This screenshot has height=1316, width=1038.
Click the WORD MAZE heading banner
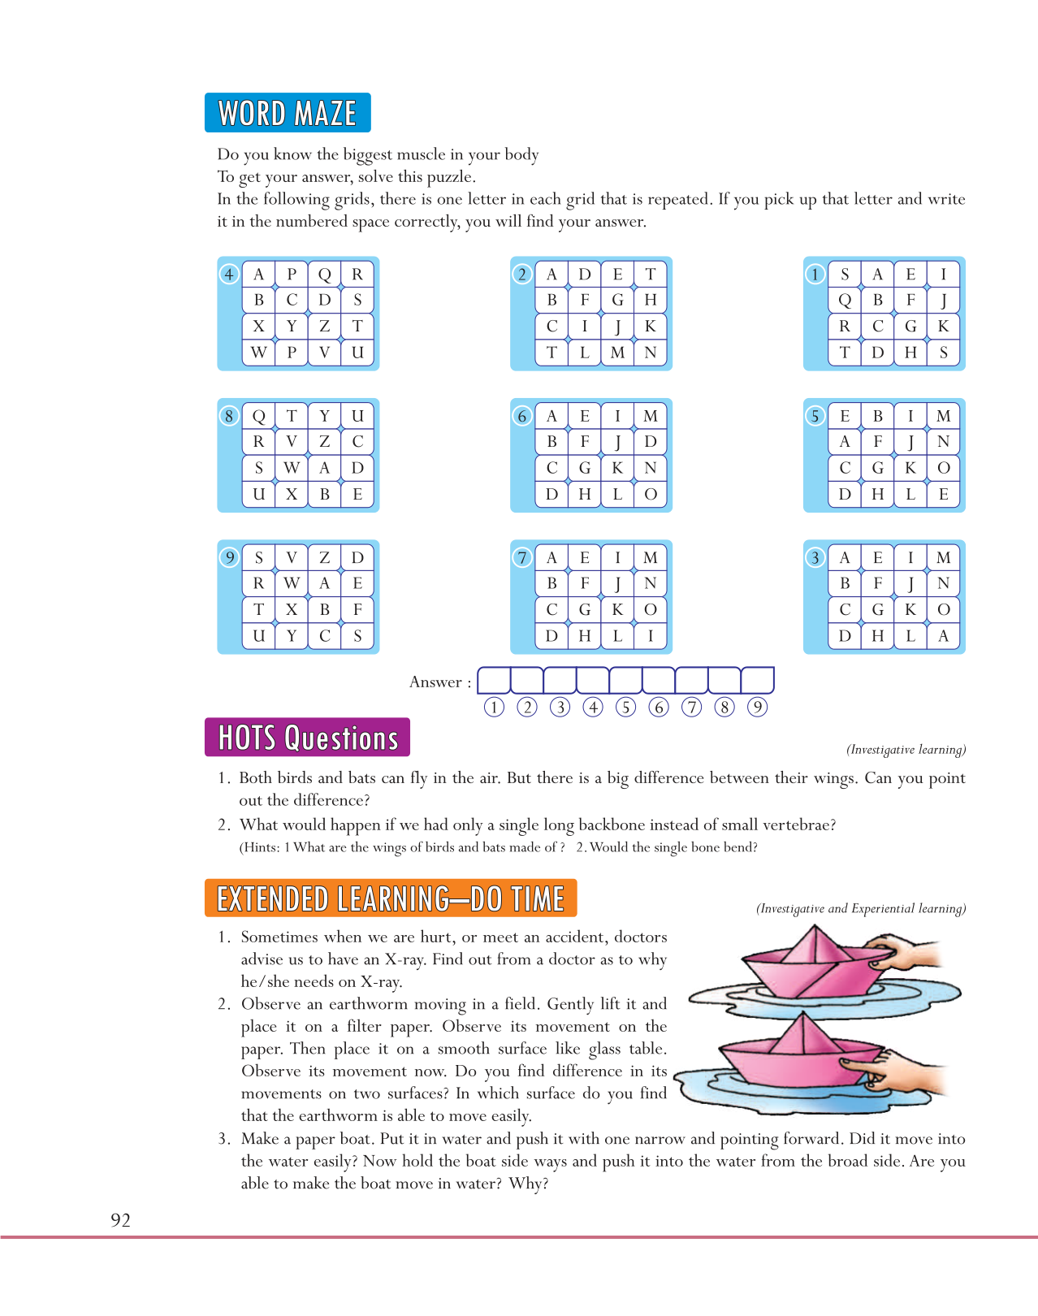click(x=288, y=113)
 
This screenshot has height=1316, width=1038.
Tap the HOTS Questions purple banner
click(x=307, y=738)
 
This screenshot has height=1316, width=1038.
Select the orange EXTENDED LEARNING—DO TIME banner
click(x=391, y=898)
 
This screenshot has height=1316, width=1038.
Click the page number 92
click(x=120, y=1219)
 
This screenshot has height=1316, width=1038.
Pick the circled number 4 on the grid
click(x=229, y=275)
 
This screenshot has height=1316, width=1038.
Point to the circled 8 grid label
click(x=229, y=416)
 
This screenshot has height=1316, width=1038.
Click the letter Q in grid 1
click(x=845, y=301)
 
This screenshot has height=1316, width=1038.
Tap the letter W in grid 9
click(x=292, y=583)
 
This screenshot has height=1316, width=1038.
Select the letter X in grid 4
click(x=259, y=327)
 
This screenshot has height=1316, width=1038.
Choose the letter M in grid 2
click(x=617, y=353)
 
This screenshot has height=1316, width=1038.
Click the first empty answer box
click(x=494, y=680)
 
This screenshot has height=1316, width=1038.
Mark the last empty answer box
click(x=757, y=680)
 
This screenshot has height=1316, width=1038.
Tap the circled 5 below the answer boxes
click(x=625, y=707)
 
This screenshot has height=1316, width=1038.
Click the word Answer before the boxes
click(x=435, y=682)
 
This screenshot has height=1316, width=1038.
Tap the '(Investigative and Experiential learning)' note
click(x=861, y=908)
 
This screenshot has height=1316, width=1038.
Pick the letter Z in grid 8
click(x=324, y=442)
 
